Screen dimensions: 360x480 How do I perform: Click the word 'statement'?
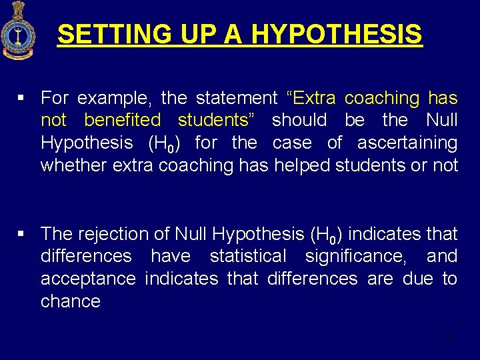tap(236, 99)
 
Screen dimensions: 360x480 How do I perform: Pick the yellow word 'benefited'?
tap(123, 121)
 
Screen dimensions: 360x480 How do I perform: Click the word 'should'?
tap(299, 121)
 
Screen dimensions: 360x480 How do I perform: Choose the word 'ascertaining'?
tap(407, 143)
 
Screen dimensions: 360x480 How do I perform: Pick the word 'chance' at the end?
tap(71, 301)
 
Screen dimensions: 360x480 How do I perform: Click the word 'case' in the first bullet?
tap(290, 143)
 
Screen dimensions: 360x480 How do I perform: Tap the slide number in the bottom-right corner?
tap(449, 336)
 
